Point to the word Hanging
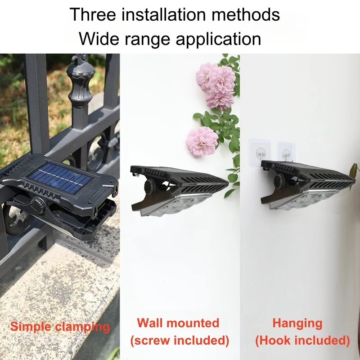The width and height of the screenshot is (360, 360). click(x=297, y=323)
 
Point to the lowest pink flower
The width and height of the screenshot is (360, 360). click(x=202, y=141)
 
